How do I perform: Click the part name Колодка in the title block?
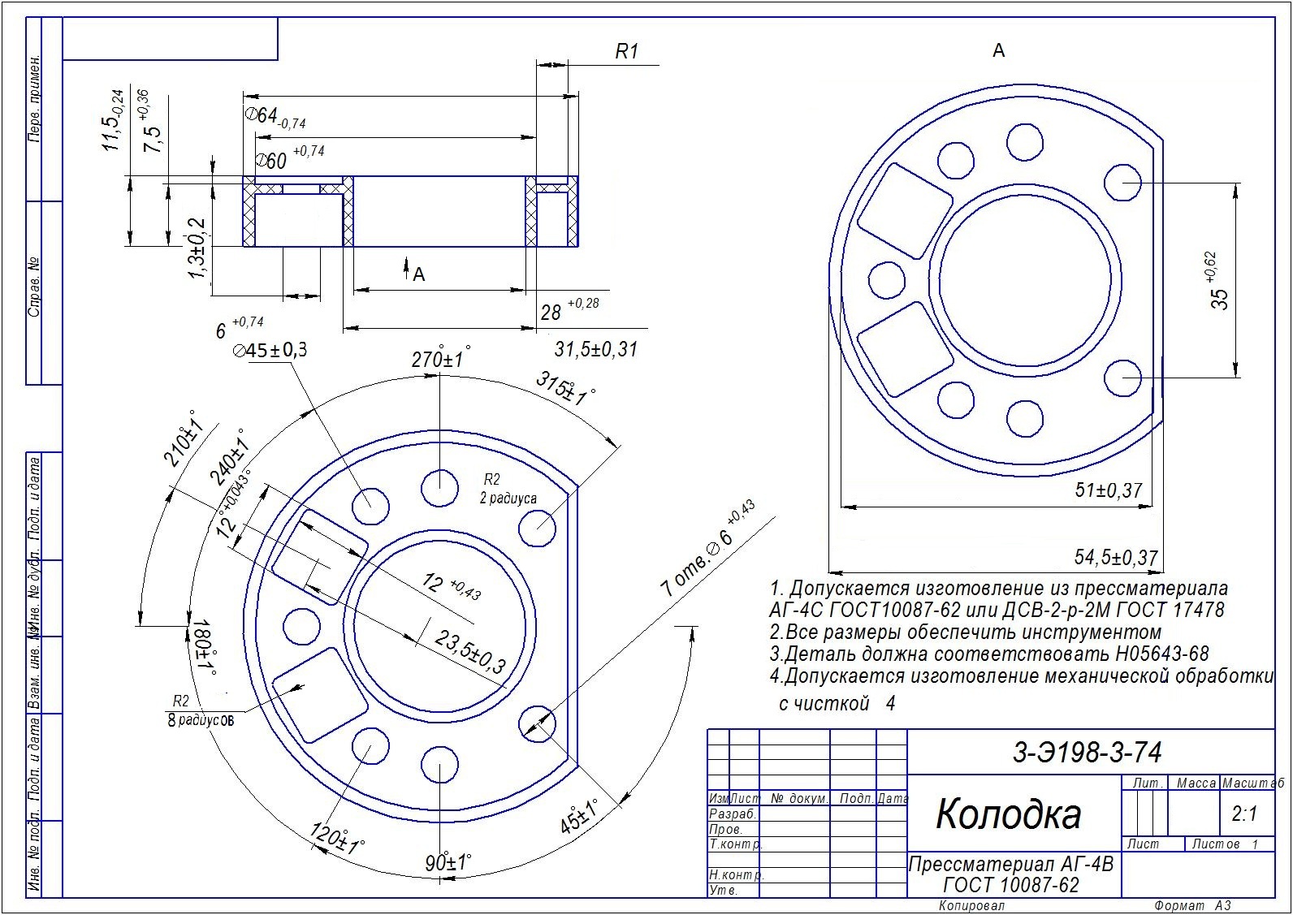pyautogui.click(x=1008, y=813)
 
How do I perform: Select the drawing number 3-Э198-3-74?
pyautogui.click(x=1087, y=752)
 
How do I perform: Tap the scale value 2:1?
pyautogui.click(x=1243, y=814)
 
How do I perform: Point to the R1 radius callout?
pyautogui.click(x=626, y=52)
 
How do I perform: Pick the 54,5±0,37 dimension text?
pyautogui.click(x=1115, y=558)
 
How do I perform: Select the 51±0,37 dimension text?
pyautogui.click(x=1109, y=490)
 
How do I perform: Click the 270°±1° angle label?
pyautogui.click(x=439, y=359)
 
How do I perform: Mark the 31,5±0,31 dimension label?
pyautogui.click(x=595, y=349)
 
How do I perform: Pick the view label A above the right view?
pyautogui.click(x=998, y=51)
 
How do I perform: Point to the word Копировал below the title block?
pyautogui.click(x=971, y=905)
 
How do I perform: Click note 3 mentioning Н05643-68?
pyautogui.click(x=988, y=654)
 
